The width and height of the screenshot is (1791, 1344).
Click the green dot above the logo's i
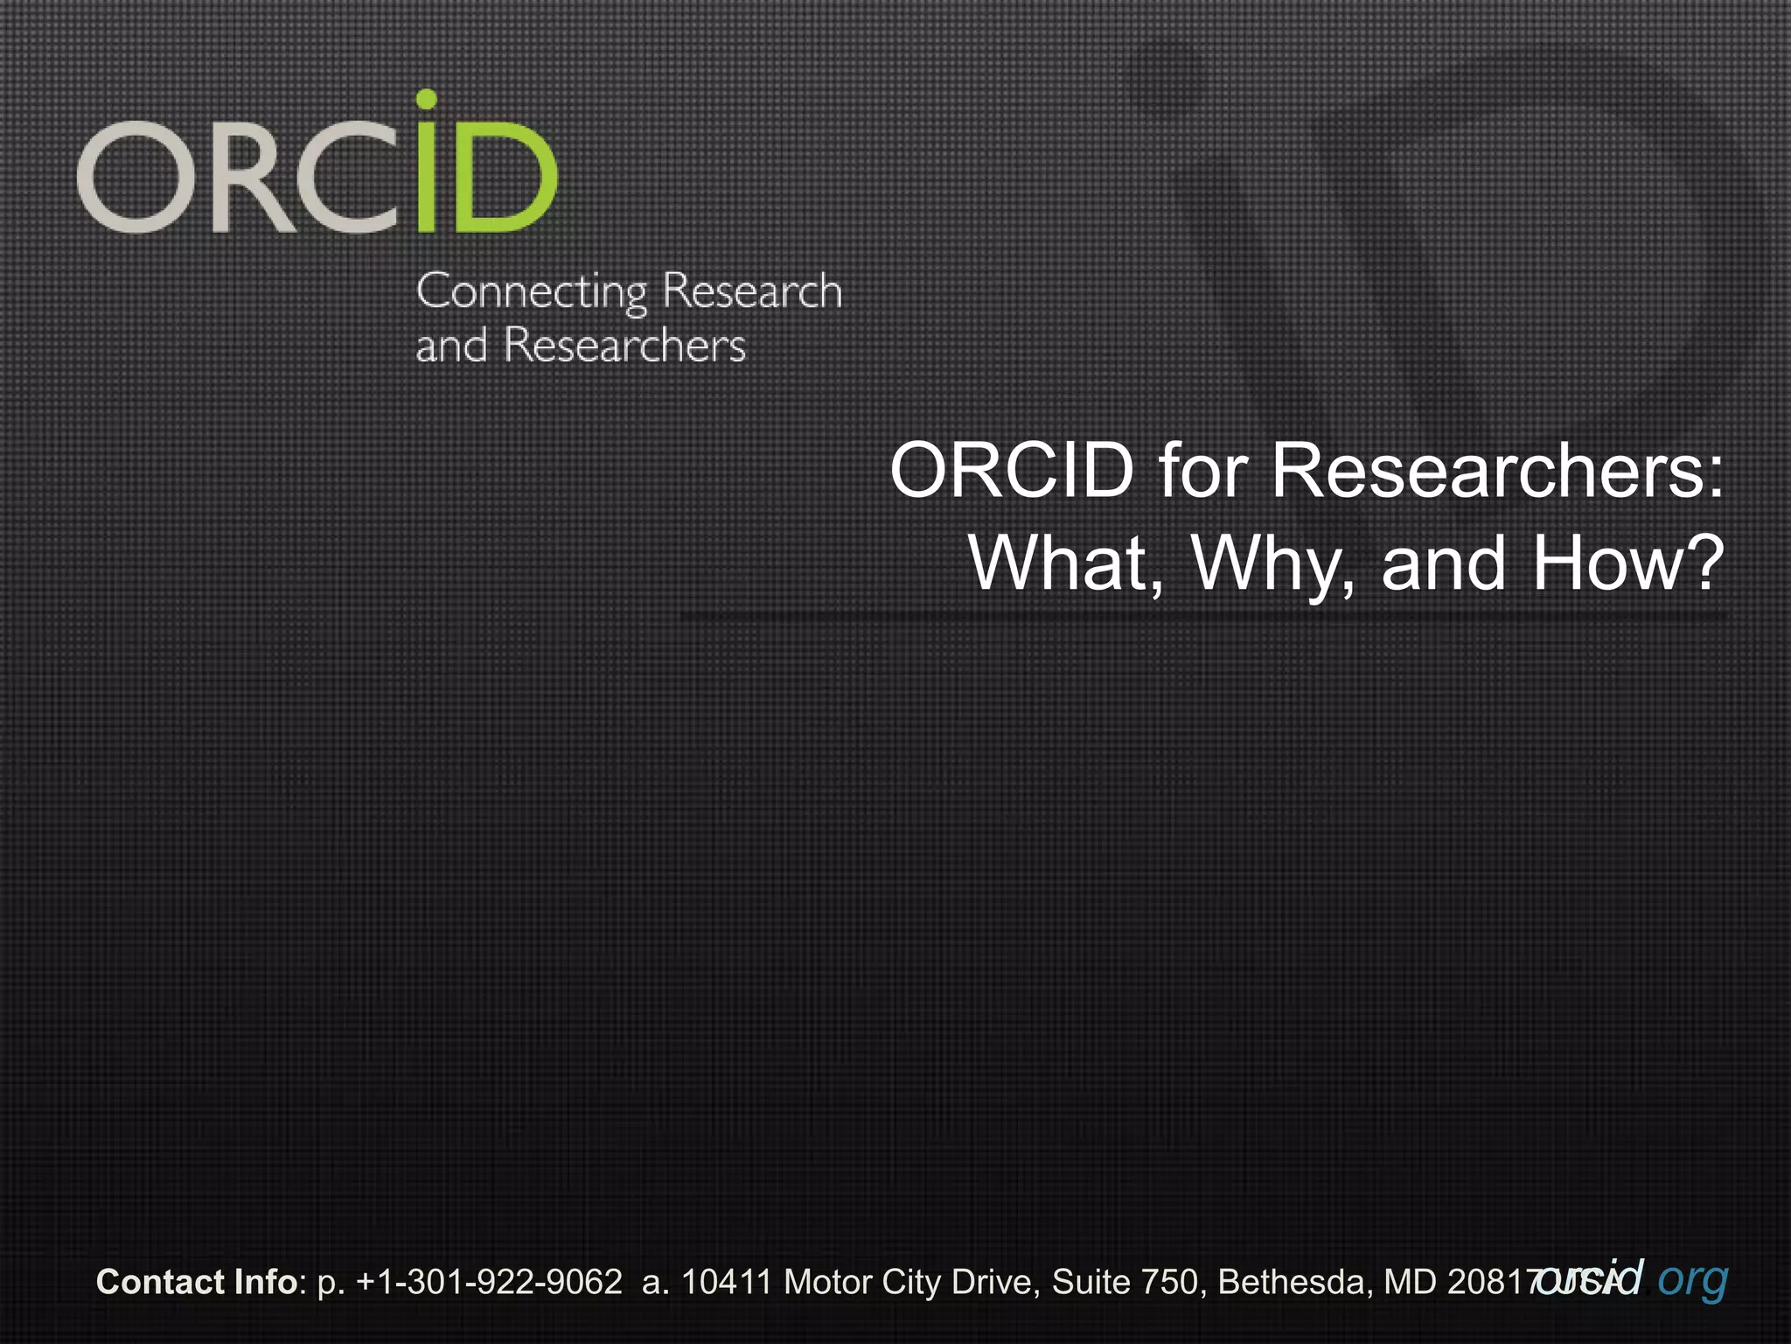[426, 99]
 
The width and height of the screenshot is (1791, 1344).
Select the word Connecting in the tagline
[532, 292]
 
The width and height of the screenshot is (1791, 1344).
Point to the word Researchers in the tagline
[624, 345]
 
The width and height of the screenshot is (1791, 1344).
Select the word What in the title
[1066, 563]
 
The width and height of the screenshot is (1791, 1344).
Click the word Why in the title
[1273, 565]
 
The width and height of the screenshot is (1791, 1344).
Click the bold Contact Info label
[197, 1282]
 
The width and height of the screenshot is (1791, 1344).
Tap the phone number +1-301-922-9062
[489, 1282]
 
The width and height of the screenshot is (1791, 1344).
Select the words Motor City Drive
[910, 1282]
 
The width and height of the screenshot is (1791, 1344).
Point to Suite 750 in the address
[1124, 1282]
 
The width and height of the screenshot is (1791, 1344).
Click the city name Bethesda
[1290, 1282]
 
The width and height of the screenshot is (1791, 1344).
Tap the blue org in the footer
[1692, 1279]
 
